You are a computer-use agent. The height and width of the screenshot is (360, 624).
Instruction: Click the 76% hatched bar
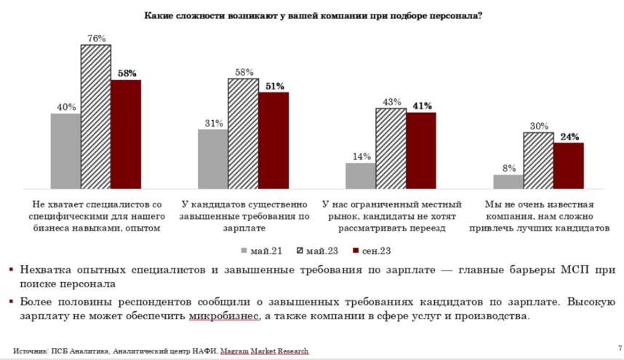[x=95, y=116]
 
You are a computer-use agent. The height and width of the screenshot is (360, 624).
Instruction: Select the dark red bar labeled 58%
[x=126, y=134]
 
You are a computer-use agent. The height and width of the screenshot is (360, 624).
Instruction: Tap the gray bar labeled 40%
[x=65, y=151]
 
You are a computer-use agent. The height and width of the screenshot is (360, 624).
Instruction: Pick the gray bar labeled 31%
[x=213, y=159]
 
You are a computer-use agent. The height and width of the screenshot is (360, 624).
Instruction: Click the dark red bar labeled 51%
[x=273, y=140]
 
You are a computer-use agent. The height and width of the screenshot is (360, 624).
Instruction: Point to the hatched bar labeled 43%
[x=391, y=148]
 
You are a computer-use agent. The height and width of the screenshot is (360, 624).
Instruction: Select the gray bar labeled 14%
[x=361, y=175]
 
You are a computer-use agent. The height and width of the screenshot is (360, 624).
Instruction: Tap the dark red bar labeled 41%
[x=421, y=150]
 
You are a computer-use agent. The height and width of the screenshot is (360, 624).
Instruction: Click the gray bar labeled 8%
[x=508, y=180]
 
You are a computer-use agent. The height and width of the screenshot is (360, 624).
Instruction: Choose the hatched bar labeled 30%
[x=539, y=160]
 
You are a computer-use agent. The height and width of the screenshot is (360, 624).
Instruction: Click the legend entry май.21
[x=261, y=251]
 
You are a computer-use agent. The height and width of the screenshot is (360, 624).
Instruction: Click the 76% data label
[x=96, y=38]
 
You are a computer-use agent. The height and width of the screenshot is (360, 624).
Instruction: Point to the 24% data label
[x=569, y=137]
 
